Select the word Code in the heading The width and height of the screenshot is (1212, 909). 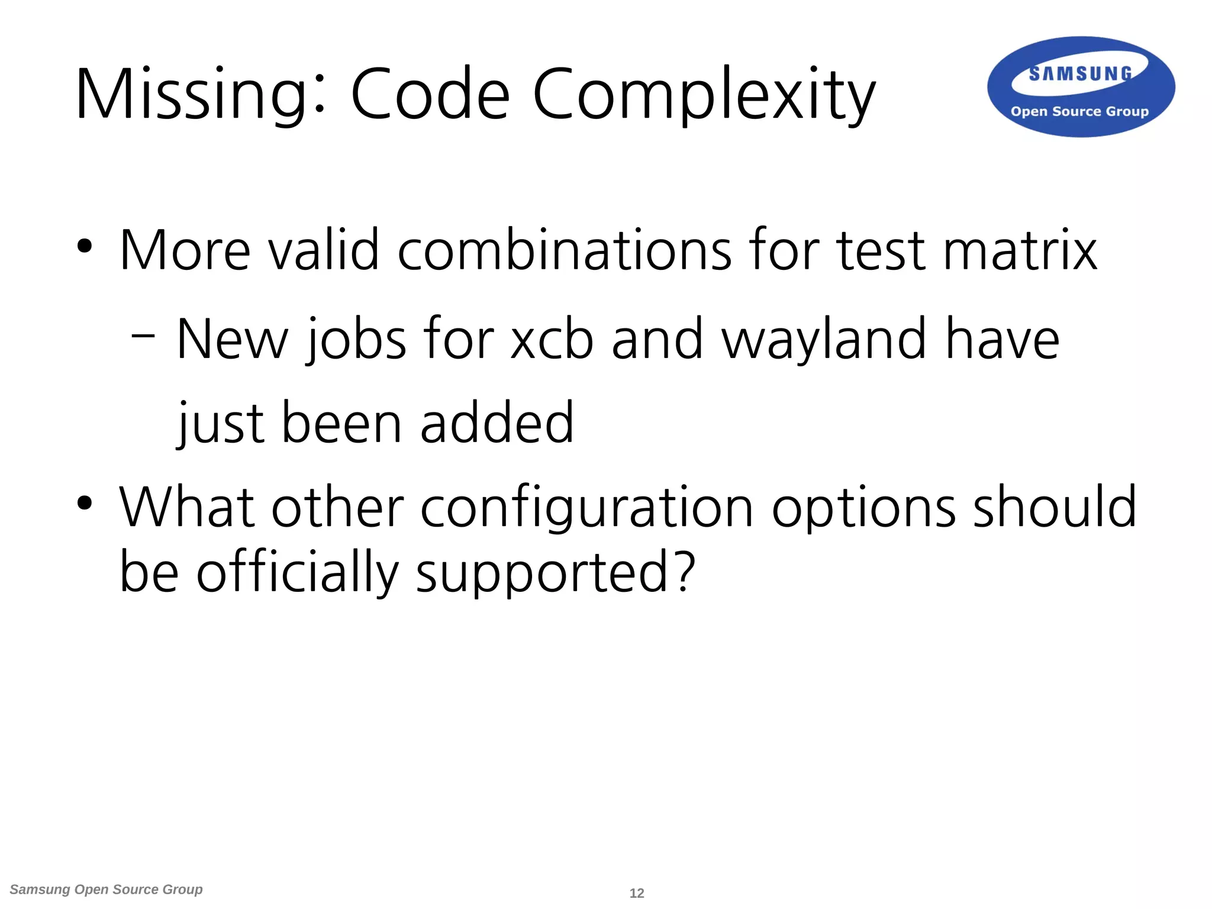(x=430, y=95)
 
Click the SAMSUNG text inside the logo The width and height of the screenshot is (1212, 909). (x=1080, y=74)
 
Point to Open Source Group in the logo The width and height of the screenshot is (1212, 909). (x=1079, y=111)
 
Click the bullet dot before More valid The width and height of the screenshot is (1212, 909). (x=85, y=247)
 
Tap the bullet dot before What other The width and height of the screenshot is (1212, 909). (x=85, y=504)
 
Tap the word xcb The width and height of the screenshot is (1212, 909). (x=552, y=340)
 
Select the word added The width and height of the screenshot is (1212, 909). (x=497, y=423)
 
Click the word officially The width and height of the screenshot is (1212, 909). (x=297, y=572)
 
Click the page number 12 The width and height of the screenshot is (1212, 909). (x=637, y=893)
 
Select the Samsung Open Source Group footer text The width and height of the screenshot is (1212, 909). (x=107, y=889)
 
